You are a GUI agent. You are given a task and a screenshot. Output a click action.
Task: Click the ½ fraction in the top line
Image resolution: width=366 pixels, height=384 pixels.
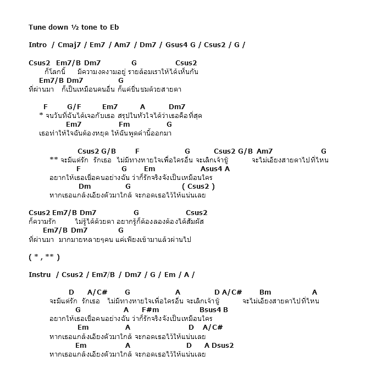pos(74,27)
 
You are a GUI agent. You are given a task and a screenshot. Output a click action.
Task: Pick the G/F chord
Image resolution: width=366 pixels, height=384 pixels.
pos(74,106)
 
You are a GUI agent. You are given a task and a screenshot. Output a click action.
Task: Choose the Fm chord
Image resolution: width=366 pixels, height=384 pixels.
pos(124,124)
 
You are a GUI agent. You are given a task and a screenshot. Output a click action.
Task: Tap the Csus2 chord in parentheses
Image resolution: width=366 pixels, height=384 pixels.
pos(198,186)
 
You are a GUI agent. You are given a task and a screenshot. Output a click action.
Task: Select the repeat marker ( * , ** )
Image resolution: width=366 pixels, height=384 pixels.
pos(44,257)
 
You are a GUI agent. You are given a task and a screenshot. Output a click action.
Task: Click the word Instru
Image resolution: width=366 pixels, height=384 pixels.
pos(40,274)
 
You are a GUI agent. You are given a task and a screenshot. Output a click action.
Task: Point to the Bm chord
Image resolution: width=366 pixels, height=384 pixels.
pos(265,292)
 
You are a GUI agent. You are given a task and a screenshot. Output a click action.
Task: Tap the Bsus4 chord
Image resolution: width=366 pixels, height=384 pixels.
pos(210,309)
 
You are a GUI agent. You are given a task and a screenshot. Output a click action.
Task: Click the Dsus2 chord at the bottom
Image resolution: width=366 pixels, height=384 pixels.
pos(223,345)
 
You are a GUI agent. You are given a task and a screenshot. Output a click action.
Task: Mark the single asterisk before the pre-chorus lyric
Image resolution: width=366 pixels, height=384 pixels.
pos(41,115)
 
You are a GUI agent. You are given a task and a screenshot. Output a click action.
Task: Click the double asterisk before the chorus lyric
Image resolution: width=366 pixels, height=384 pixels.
pos(53,160)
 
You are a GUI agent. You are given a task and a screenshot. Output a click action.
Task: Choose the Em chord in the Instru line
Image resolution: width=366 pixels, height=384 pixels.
pos(170,274)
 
